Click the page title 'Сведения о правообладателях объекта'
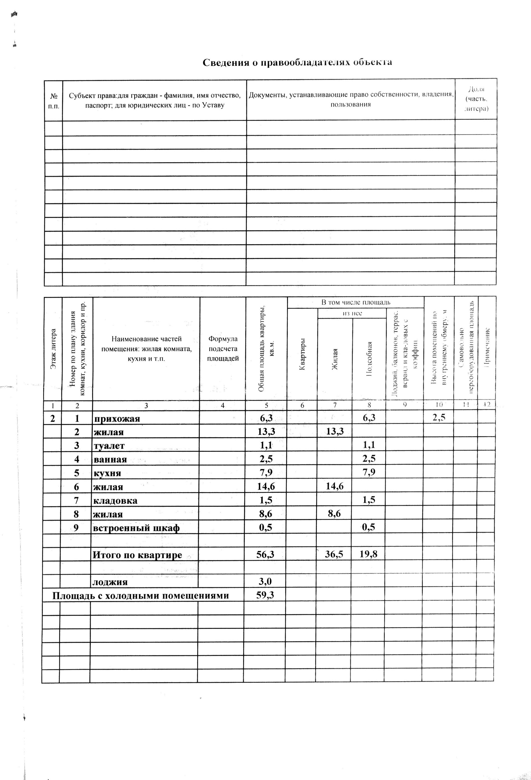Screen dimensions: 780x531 pyautogui.click(x=297, y=63)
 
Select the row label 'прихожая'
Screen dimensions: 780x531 pyautogui.click(x=117, y=419)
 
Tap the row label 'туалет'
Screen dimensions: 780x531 pyautogui.click(x=109, y=446)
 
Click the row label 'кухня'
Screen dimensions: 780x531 pyautogui.click(x=107, y=474)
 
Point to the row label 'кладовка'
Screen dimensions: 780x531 pyautogui.click(x=115, y=501)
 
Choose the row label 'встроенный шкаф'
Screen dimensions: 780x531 pyautogui.click(x=137, y=528)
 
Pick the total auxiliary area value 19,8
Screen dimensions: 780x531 pyautogui.click(x=368, y=554)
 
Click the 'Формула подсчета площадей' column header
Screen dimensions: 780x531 pyautogui.click(x=223, y=349)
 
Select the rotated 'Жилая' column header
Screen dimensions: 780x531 pyautogui.click(x=334, y=359)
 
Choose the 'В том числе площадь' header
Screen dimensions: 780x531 pyautogui.click(x=356, y=302)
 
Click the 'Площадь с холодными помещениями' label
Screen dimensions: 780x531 pyautogui.click(x=140, y=596)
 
